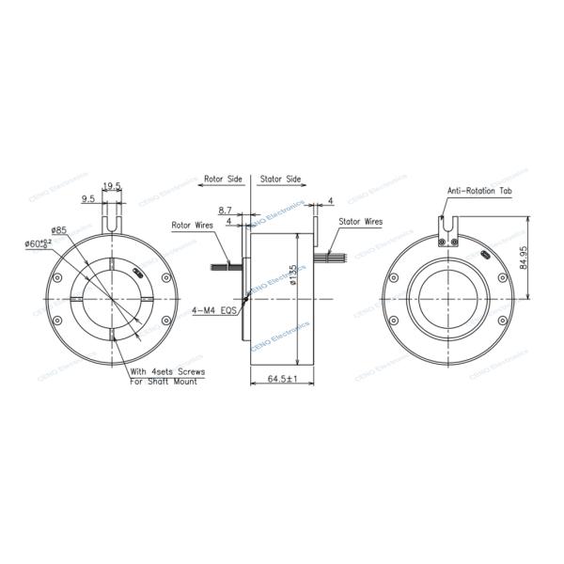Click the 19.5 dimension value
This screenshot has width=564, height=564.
click(x=112, y=186)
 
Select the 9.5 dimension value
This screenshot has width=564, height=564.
click(x=88, y=198)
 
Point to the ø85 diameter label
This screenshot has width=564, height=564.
click(x=58, y=230)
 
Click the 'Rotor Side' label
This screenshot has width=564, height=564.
click(x=222, y=177)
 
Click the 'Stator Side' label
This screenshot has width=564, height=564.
click(x=279, y=177)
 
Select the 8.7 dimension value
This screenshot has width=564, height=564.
click(x=226, y=211)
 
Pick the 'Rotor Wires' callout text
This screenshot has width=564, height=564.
click(x=193, y=226)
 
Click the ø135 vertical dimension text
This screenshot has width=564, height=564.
click(x=293, y=278)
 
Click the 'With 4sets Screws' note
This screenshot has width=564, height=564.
click(x=166, y=372)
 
